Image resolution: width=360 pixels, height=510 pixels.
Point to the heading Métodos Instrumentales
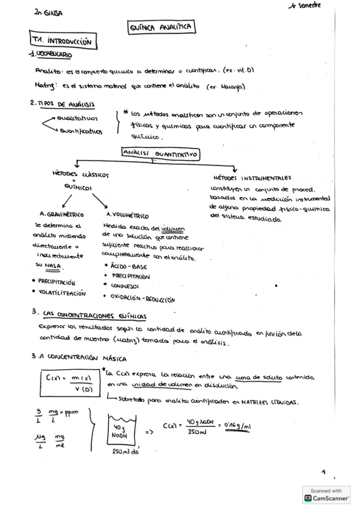252,178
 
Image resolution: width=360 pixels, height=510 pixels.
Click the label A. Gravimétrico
61,214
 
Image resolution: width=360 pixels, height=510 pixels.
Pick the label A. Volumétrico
127,215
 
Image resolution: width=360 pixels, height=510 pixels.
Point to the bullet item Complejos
124,286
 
